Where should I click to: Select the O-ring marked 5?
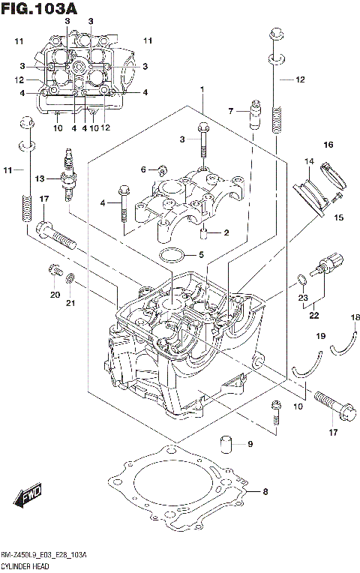click(x=172, y=256)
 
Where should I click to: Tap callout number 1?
click(x=202, y=90)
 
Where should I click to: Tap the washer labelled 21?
click(x=70, y=280)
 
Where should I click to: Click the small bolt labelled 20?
click(x=52, y=269)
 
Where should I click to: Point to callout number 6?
click(x=143, y=169)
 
